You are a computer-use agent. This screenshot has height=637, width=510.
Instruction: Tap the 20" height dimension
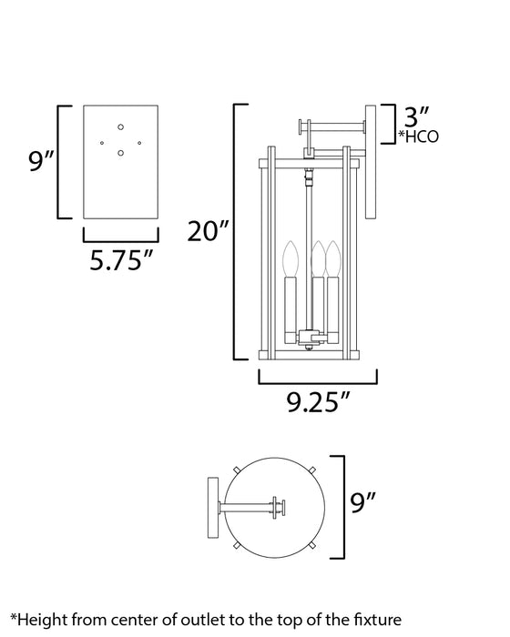(x=208, y=233)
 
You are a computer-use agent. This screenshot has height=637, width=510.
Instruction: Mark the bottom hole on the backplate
(x=121, y=155)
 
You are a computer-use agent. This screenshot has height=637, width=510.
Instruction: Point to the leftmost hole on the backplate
(x=103, y=141)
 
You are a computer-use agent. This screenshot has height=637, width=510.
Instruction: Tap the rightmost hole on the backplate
(x=138, y=140)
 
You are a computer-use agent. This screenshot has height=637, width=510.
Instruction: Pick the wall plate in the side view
(x=372, y=162)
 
